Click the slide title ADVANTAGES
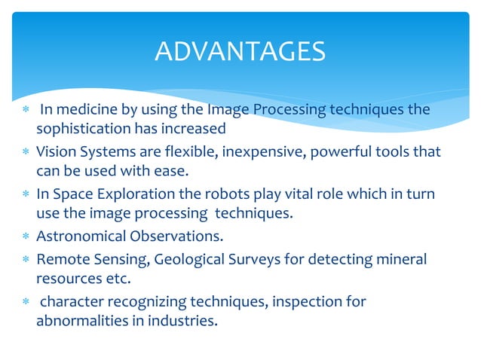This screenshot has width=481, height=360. tap(240, 51)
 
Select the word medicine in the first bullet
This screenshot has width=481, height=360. tap(83, 110)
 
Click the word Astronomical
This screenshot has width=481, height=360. tap(81, 236)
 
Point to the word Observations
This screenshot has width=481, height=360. tap(176, 236)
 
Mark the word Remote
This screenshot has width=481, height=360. tap(60, 260)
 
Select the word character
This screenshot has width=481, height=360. tap(72, 302)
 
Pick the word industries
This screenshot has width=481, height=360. tap(183, 321)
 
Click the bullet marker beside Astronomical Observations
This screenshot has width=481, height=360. tap(26, 237)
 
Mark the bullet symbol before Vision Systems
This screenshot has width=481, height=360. tap(26, 152)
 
